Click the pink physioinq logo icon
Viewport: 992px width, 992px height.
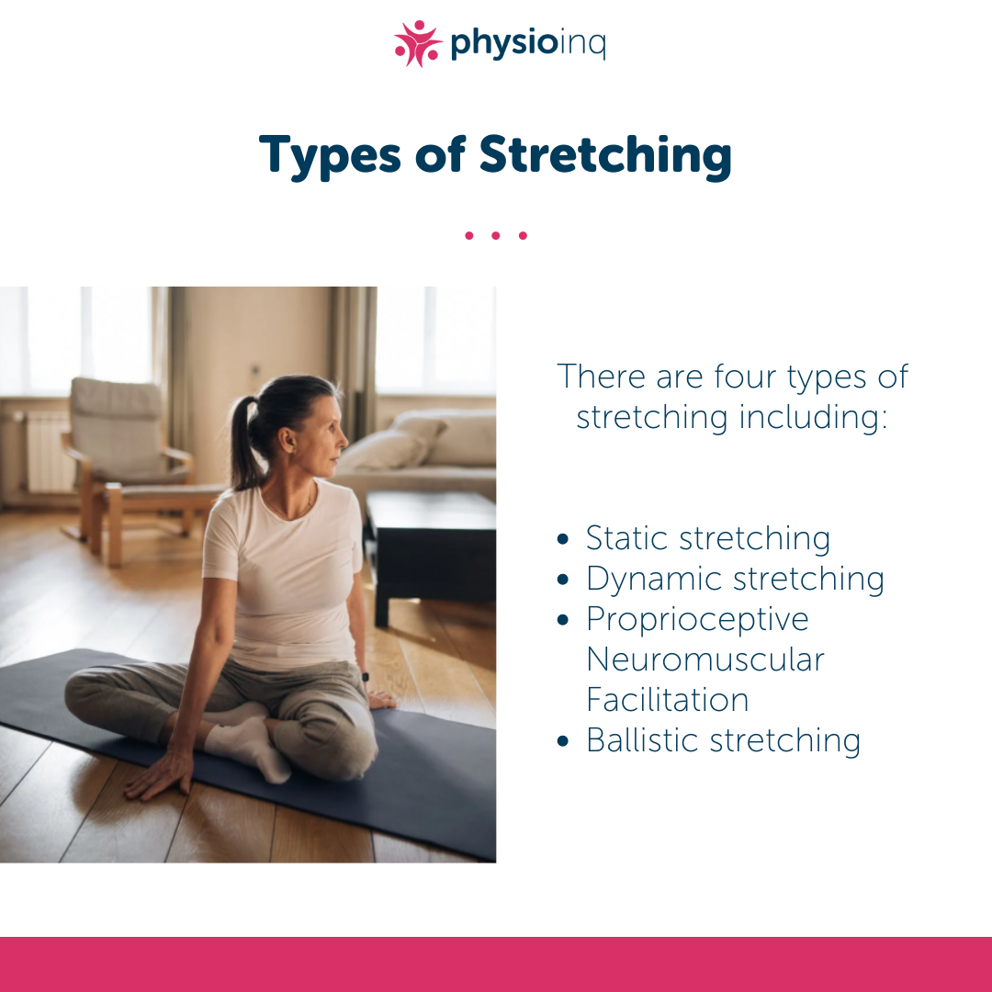coord(418,44)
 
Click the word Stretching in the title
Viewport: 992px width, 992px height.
coord(605,156)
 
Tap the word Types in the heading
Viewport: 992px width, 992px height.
coord(330,156)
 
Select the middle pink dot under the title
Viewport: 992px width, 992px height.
coord(495,235)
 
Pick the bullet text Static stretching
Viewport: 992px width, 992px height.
coord(708,539)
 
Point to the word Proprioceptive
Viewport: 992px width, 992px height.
coord(697,620)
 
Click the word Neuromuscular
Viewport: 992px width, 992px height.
coord(705,659)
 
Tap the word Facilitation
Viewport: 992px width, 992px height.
coord(668,700)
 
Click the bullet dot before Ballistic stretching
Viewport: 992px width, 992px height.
coord(563,741)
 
